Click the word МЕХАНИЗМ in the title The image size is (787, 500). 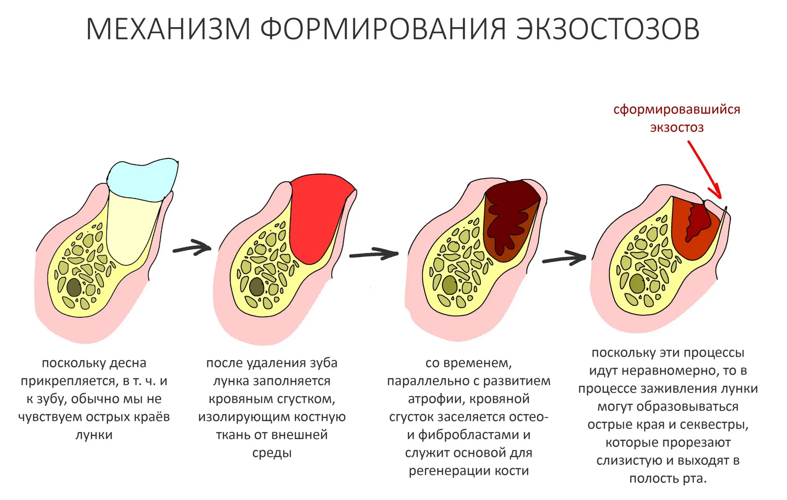[168, 29]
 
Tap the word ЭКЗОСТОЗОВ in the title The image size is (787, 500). [608, 29]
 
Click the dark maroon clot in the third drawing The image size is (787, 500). [512, 215]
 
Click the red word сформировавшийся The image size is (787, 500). [676, 109]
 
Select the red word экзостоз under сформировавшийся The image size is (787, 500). [676, 127]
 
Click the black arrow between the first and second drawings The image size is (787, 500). [192, 248]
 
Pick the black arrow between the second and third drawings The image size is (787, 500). [374, 254]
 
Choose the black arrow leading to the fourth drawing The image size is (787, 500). [564, 258]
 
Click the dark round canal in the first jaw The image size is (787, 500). [74, 288]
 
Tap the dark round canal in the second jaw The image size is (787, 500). [257, 286]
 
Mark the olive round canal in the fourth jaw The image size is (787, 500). [637, 284]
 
